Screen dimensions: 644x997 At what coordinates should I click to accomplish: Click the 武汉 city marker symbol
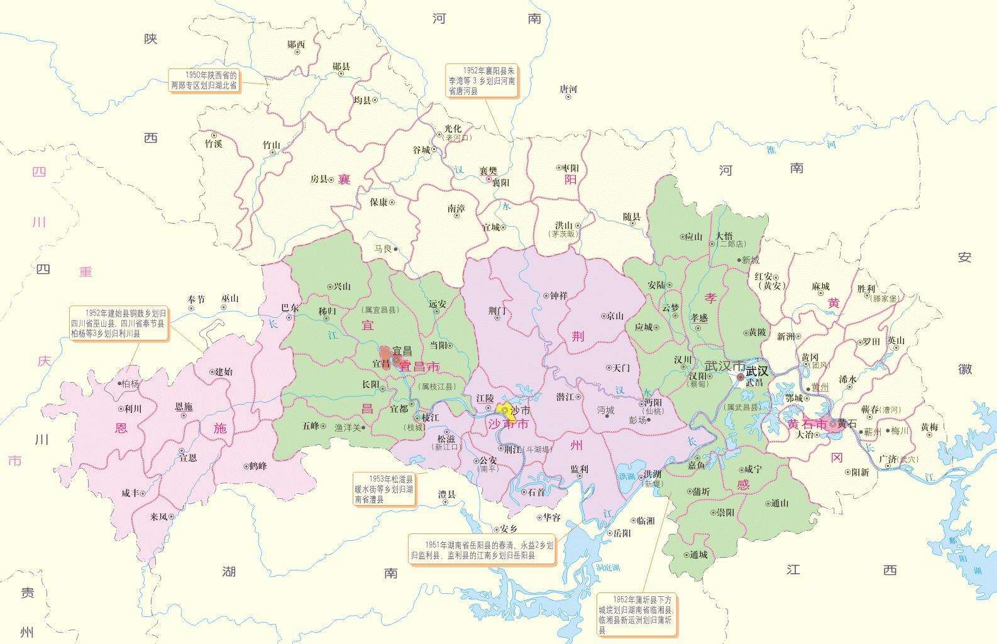(741, 377)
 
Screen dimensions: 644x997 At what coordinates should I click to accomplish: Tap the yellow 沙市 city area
(504, 408)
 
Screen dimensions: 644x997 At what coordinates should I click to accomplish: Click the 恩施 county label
(184, 407)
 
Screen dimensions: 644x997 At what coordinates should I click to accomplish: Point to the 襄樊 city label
(488, 170)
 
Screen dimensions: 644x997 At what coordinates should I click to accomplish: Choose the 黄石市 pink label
(808, 424)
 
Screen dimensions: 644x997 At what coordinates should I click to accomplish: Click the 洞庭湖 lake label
(608, 567)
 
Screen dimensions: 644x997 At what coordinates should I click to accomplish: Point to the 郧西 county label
(295, 45)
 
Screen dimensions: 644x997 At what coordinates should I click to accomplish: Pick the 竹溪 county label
(214, 144)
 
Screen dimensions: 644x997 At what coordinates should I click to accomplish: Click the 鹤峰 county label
(258, 466)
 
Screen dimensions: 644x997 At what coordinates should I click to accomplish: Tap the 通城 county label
(698, 555)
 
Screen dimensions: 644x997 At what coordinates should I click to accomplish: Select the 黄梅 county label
(929, 427)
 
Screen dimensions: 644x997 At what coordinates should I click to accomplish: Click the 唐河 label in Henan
(568, 89)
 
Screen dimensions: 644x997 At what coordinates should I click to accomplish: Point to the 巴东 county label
(290, 308)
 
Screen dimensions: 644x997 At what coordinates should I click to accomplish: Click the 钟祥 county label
(559, 295)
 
